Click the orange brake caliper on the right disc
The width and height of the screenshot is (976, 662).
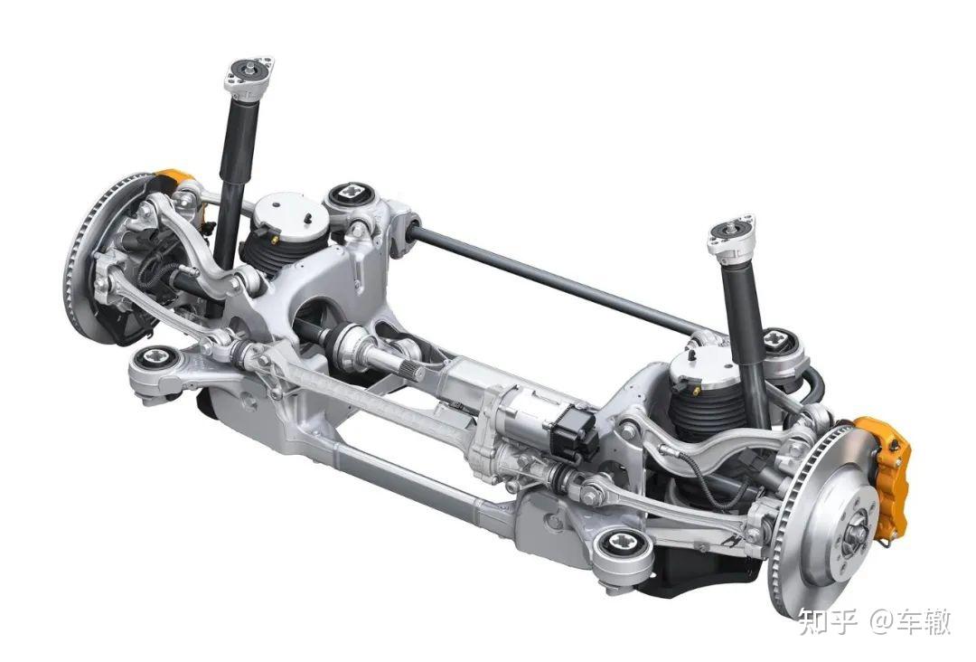884,473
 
